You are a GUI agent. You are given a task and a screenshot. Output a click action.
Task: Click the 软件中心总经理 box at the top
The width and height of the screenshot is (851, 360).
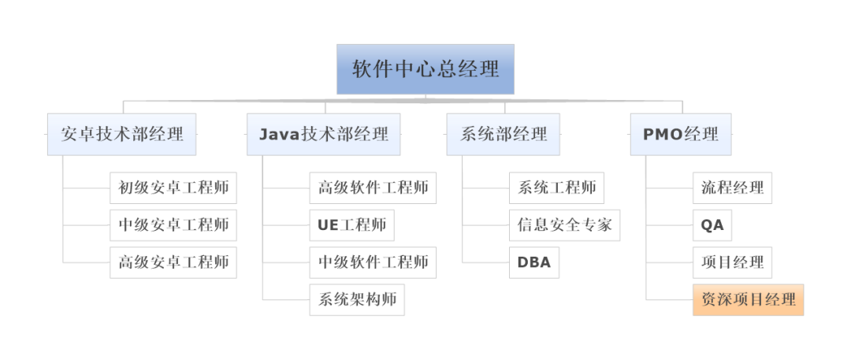click(x=425, y=69)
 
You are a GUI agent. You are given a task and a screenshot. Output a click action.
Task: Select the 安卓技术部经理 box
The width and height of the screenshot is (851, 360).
click(x=121, y=134)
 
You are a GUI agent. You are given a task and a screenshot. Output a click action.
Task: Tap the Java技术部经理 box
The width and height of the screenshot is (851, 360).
click(x=323, y=134)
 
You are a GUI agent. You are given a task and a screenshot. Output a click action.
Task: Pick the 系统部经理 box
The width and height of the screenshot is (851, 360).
click(x=503, y=134)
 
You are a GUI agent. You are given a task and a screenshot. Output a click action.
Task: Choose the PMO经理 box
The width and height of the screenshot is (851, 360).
click(x=681, y=134)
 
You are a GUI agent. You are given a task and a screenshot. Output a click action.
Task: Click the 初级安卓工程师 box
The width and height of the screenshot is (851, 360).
click(x=173, y=187)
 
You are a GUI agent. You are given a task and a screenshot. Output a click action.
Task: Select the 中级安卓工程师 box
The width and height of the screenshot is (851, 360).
click(x=173, y=225)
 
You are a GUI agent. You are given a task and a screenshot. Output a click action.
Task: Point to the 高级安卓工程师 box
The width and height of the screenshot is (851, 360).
click(x=173, y=262)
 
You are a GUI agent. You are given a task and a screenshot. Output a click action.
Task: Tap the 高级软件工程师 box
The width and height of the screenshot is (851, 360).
click(x=373, y=187)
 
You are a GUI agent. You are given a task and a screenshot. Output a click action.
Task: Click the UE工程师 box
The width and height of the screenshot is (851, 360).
click(x=351, y=225)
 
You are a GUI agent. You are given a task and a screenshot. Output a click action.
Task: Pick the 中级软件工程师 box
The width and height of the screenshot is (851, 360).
click(x=373, y=262)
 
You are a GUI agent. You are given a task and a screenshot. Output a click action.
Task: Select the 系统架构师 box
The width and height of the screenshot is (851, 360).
click(x=357, y=299)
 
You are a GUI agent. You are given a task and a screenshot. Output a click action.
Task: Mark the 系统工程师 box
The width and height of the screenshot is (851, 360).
click(x=556, y=187)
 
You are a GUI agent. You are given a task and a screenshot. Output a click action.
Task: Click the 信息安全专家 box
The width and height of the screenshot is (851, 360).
click(x=564, y=225)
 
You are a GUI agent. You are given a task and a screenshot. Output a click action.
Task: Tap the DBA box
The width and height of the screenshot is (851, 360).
click(x=534, y=262)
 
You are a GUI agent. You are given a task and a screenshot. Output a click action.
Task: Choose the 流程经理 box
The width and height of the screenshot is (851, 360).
click(x=732, y=187)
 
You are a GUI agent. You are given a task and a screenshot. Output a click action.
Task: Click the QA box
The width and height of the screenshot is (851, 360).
click(x=712, y=225)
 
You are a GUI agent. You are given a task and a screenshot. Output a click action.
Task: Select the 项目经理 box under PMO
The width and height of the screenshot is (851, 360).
click(x=732, y=262)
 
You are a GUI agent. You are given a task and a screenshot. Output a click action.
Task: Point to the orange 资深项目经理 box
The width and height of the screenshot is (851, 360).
click(x=748, y=299)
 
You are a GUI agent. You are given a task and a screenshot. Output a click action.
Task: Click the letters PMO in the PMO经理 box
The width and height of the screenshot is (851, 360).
click(x=663, y=134)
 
